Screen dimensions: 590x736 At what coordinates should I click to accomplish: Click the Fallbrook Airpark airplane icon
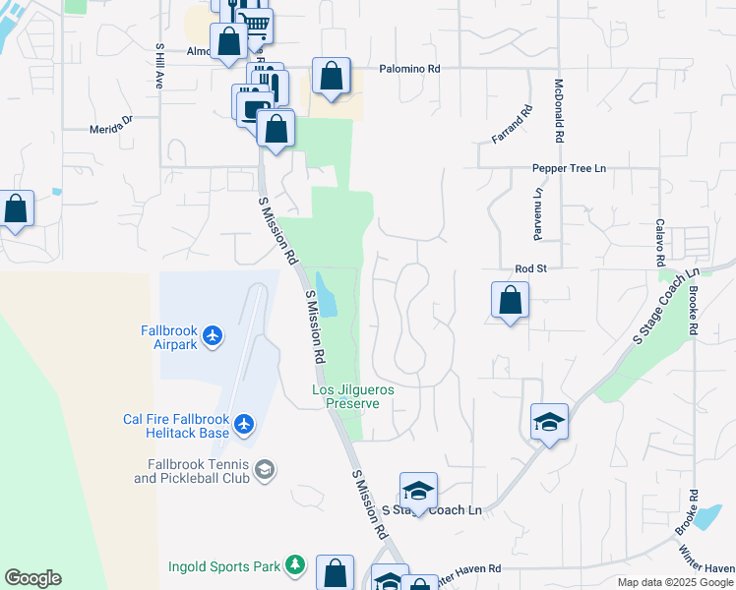pos(213,337)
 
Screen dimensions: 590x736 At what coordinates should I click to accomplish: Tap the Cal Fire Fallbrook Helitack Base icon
pos(244,426)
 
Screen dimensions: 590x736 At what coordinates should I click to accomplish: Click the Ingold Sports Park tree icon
pos(293,565)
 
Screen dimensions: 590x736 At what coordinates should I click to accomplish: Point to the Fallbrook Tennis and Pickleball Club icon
pos(264,470)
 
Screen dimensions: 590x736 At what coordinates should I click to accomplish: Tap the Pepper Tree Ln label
pos(569,169)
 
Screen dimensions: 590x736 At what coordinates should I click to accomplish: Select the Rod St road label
pos(530,267)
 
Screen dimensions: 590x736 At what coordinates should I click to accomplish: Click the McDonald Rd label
pos(558,111)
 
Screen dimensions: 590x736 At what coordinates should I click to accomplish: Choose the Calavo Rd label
pos(660,243)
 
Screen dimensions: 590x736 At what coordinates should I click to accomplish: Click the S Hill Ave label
pos(158,66)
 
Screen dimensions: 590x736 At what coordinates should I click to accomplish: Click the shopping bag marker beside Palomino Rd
pos(332,76)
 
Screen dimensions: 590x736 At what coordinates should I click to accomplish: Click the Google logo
pos(32,578)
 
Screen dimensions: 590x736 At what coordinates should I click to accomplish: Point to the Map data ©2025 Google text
pos(676,582)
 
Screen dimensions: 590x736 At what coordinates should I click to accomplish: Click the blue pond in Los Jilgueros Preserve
pos(326,294)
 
